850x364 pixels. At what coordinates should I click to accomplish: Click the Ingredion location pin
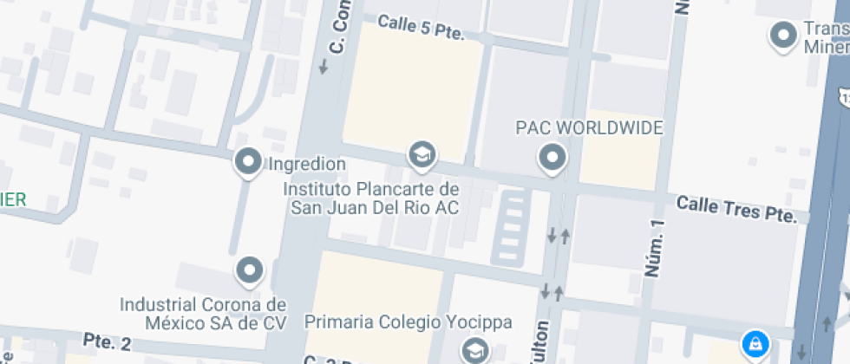(250, 162)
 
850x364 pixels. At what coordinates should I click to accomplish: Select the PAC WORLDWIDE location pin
(552, 158)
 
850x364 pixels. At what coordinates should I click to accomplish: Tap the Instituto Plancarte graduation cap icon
(422, 155)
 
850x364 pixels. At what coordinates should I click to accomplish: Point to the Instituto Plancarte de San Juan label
(374, 198)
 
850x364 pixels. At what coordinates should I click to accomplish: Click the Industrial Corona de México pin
(251, 270)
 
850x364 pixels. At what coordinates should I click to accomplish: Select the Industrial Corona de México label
(202, 314)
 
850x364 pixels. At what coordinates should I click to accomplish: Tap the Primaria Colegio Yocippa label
(408, 322)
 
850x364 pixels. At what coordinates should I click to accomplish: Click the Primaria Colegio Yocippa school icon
(474, 350)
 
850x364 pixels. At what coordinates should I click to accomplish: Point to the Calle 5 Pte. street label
(421, 28)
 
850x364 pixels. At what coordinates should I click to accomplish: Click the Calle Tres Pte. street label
(736, 209)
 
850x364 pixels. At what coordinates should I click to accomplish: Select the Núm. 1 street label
(657, 248)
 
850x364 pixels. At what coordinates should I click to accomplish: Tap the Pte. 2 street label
(107, 341)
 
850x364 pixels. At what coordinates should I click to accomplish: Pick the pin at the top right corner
(784, 36)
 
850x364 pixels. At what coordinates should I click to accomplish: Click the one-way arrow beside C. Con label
(324, 66)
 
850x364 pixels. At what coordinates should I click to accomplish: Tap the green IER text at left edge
(13, 199)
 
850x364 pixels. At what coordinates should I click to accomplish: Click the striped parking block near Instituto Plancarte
(513, 227)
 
